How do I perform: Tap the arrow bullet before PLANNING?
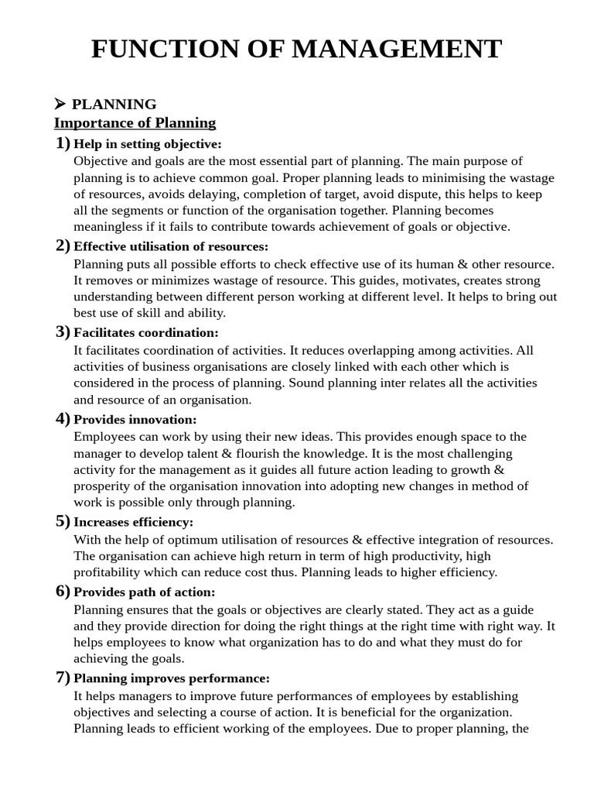coord(60,104)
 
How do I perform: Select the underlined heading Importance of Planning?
coord(135,122)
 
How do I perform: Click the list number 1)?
coord(63,143)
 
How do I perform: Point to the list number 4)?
coord(63,419)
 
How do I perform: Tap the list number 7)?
coord(63,678)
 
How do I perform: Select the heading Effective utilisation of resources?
coord(171,246)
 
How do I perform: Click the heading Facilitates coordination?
coord(146,332)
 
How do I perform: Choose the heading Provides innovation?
coord(135,419)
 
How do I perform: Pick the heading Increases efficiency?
coord(134,522)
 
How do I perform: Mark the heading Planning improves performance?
coord(172,678)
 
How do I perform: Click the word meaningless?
coord(111,227)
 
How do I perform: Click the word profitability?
coord(112,572)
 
